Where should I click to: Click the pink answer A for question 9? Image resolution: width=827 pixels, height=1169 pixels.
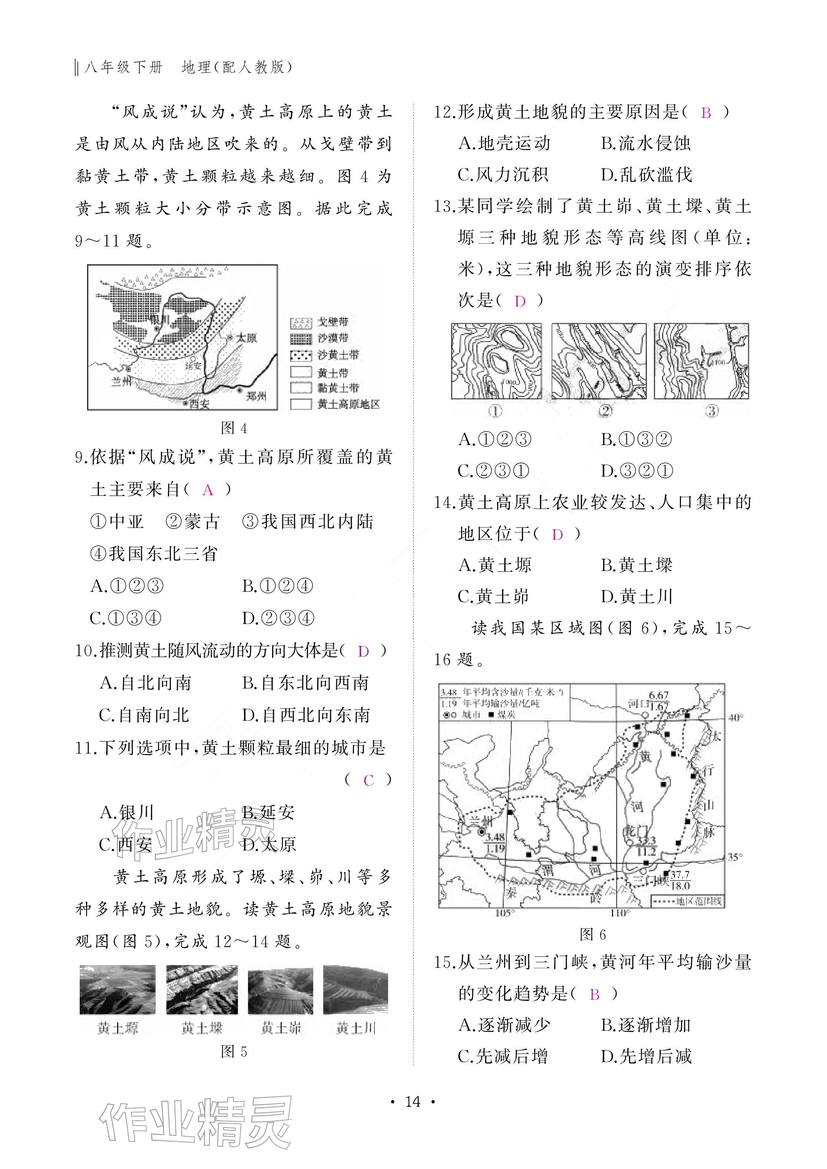[208, 490]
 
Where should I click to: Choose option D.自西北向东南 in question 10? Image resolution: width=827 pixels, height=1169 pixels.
[306, 715]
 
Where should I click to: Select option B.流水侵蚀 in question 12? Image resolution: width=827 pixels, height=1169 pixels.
[645, 143]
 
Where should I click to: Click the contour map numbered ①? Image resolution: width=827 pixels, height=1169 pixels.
[496, 361]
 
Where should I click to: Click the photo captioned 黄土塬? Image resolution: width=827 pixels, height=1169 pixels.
[118, 989]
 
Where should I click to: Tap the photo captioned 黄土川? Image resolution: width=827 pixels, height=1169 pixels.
[355, 989]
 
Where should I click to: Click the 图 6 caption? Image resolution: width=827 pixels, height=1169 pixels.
[592, 934]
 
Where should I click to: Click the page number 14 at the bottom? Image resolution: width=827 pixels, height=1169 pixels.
[413, 1102]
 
